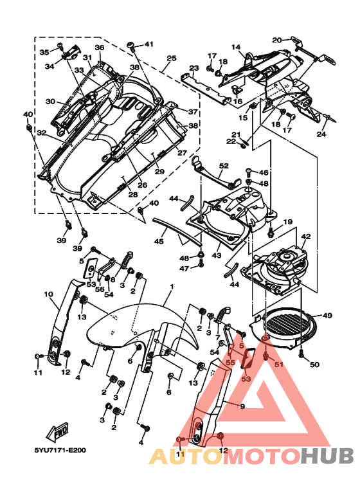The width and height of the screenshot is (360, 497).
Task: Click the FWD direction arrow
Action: [x=57, y=431]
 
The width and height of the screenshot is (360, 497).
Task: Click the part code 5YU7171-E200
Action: [x=60, y=450]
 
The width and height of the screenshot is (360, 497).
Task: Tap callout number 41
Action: [x=149, y=44]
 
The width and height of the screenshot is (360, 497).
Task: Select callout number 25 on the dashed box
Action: [x=172, y=59]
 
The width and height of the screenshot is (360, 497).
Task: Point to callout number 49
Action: [x=327, y=316]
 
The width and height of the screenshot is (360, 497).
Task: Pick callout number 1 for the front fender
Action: [x=172, y=287]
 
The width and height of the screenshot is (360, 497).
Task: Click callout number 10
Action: [x=48, y=294]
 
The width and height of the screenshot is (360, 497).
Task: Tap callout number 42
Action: [x=306, y=237]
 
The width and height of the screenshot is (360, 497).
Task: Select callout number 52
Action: [x=224, y=166]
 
